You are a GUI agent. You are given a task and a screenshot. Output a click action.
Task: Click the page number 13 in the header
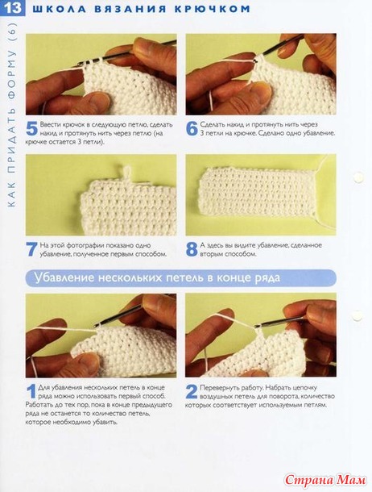pyautogui.click(x=13, y=8)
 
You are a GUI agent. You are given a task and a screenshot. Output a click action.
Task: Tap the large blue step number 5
pyautogui.click(x=32, y=129)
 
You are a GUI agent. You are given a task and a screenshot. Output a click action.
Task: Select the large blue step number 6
pyautogui.click(x=192, y=129)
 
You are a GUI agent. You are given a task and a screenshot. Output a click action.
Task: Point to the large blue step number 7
pyautogui.click(x=32, y=249)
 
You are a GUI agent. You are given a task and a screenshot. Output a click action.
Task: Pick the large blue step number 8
pyautogui.click(x=192, y=249)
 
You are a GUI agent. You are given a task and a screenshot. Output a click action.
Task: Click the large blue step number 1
pyautogui.click(x=31, y=392)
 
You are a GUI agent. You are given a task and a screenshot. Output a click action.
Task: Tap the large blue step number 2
pyautogui.click(x=192, y=392)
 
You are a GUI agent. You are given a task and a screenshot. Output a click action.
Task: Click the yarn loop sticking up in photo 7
pyautogui.click(x=126, y=173)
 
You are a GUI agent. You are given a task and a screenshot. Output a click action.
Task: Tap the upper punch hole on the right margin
pyautogui.click(x=358, y=177)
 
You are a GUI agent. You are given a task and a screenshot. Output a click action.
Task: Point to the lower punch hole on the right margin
pyautogui.click(x=357, y=316)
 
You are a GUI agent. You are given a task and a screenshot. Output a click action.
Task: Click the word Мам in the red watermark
pyautogui.click(x=350, y=480)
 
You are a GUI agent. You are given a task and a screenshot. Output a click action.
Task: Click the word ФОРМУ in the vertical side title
pyautogui.click(x=11, y=75)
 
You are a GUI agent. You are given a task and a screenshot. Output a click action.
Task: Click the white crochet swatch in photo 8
pyautogui.click(x=258, y=192)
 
